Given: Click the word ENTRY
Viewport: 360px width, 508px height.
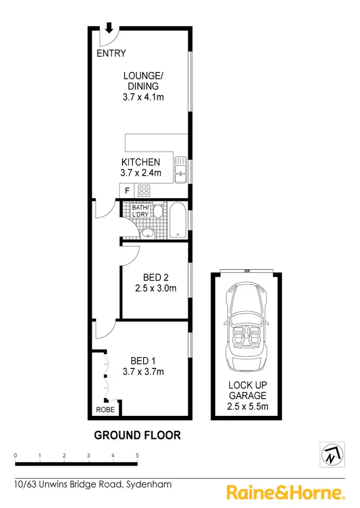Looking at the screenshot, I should [111, 53].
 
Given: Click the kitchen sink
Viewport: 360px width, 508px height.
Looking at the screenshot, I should [180, 170].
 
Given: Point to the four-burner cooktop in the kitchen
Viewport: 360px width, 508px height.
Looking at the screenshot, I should [144, 191].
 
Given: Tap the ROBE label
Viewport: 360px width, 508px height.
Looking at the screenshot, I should [105, 411].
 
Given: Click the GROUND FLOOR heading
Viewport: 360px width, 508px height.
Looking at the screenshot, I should [137, 436].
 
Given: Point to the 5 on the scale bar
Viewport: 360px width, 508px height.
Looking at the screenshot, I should [137, 455].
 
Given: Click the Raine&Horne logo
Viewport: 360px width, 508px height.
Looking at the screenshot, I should [286, 493].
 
